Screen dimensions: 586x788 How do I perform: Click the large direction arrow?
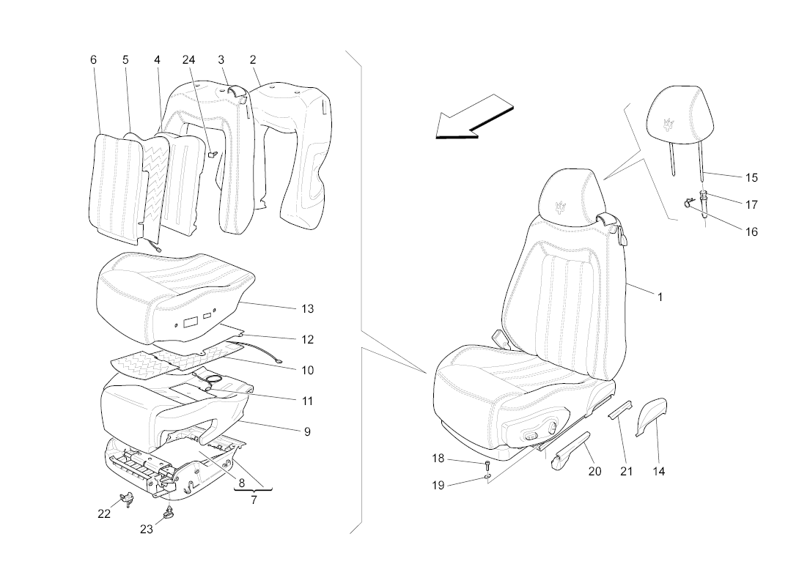click(473, 117)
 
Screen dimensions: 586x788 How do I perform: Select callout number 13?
click(308, 309)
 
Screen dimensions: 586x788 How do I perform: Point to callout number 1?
click(660, 297)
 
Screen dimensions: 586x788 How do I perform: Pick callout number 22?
click(104, 513)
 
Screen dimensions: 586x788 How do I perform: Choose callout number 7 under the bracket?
click(253, 500)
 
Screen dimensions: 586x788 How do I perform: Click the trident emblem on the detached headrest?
click(669, 125)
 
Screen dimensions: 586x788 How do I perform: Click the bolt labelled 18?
click(486, 464)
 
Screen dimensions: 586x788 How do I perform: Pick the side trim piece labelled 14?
click(650, 415)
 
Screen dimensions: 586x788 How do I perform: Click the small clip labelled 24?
click(211, 153)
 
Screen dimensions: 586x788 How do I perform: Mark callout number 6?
click(93, 60)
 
